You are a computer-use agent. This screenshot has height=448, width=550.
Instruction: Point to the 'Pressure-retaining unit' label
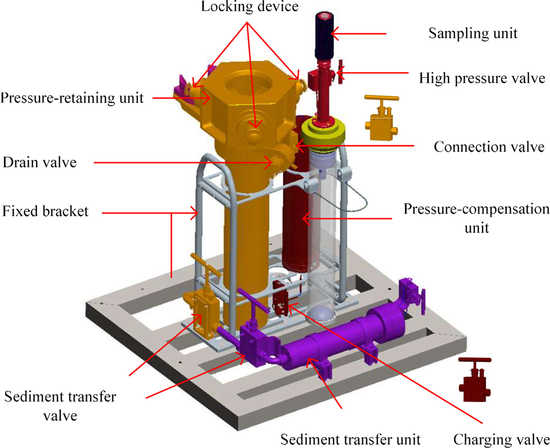click(x=71, y=98)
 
